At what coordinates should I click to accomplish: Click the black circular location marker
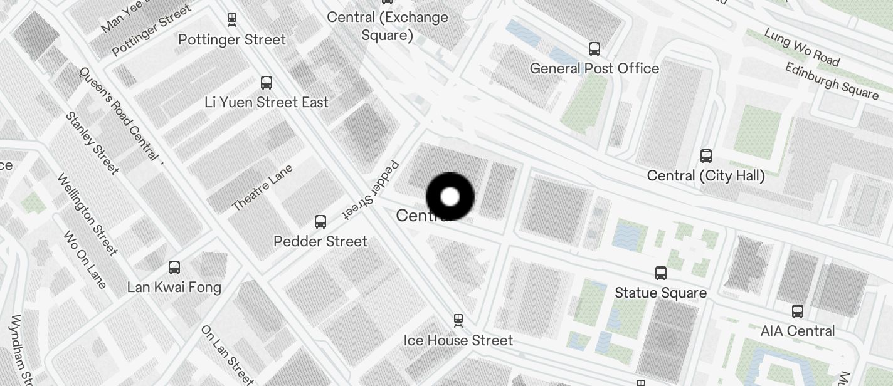click(x=450, y=197)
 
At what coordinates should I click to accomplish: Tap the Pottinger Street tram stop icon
click(x=232, y=19)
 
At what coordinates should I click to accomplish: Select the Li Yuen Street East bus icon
click(x=267, y=82)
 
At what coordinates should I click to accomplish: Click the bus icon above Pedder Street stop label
click(x=320, y=221)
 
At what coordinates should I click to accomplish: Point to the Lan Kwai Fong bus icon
click(x=174, y=268)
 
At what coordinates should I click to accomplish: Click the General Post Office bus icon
click(x=594, y=48)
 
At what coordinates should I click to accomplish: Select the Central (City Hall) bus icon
click(x=706, y=155)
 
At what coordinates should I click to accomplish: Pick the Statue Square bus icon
click(x=661, y=273)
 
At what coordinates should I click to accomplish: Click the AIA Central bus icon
click(x=798, y=311)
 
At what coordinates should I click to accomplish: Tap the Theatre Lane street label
click(x=262, y=187)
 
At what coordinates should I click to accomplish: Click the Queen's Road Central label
click(x=119, y=113)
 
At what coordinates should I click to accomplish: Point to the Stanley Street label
click(x=92, y=143)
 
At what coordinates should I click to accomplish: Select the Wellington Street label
click(x=87, y=214)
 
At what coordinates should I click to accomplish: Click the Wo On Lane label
click(x=85, y=259)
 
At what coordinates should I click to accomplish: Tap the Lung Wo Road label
click(x=802, y=47)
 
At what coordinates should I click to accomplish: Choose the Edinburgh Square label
click(x=832, y=80)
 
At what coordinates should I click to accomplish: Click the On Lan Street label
click(x=228, y=354)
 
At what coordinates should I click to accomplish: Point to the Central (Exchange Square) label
click(x=388, y=26)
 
